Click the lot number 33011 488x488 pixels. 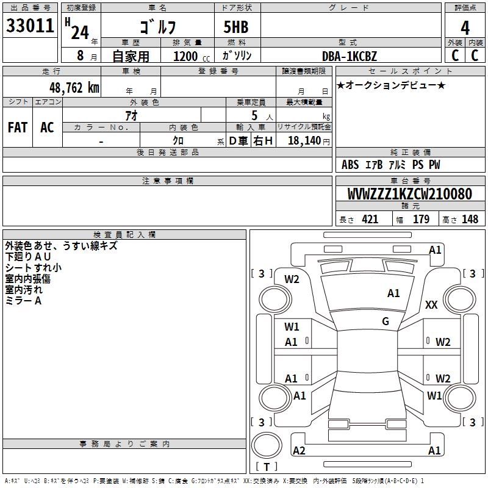pyautogui.click(x=29, y=26)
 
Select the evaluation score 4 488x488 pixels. pyautogui.click(x=465, y=27)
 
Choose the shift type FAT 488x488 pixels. pyautogui.click(x=18, y=127)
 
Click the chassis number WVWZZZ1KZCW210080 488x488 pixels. pyautogui.click(x=409, y=195)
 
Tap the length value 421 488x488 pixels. pyautogui.click(x=370, y=220)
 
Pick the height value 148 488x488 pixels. pyautogui.click(x=470, y=220)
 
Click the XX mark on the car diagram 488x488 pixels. pyautogui.click(x=431, y=305)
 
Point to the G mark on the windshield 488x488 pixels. pyautogui.click(x=386, y=321)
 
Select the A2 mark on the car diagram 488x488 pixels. pyautogui.click(x=299, y=451)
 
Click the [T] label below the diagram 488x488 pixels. pyautogui.click(x=267, y=467)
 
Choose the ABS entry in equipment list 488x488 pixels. pyautogui.click(x=350, y=165)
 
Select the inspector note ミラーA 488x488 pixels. pyautogui.click(x=23, y=301)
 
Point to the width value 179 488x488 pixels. pyautogui.click(x=421, y=220)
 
